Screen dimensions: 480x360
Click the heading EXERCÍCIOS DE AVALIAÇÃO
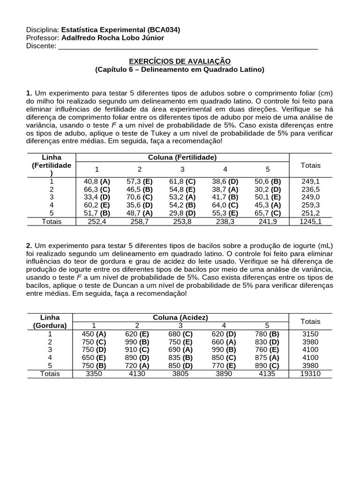(x=180, y=61)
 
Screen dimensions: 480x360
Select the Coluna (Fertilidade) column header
(x=182, y=157)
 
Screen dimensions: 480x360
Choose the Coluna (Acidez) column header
(x=180, y=318)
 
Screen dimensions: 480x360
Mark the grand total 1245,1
(x=310, y=221)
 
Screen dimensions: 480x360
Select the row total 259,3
(x=310, y=205)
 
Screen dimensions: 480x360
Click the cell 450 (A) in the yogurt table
(x=94, y=334)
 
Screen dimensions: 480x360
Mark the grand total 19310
(x=310, y=374)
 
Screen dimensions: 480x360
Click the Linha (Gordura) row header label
(x=50, y=322)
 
